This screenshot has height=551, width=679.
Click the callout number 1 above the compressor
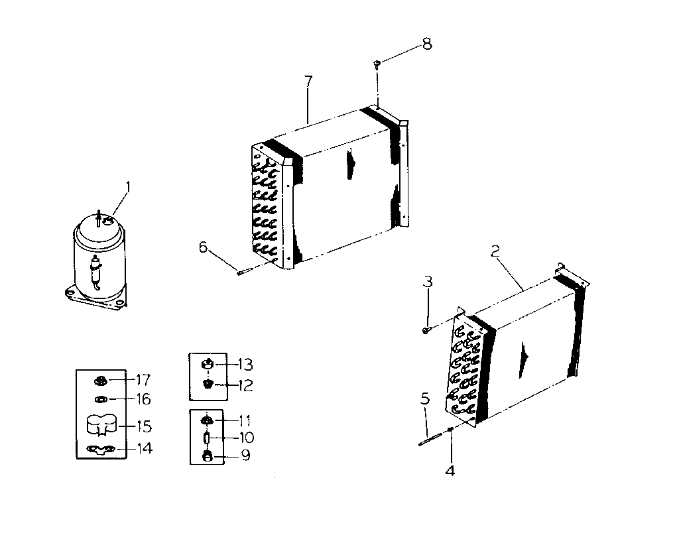pos(129,189)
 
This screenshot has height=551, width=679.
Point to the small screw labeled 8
pos(377,64)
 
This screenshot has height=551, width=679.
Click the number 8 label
pos(426,44)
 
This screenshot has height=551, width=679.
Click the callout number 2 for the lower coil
pos(494,251)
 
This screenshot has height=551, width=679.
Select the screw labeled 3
pos(426,328)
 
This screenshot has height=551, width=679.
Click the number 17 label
pos(143,380)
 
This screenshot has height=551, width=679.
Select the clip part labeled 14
pos(101,450)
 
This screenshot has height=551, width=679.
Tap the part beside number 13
pos(208,364)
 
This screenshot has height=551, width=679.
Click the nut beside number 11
pos(207,420)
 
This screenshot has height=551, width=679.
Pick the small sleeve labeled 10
pos(207,438)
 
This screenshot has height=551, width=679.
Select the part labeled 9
pos(207,456)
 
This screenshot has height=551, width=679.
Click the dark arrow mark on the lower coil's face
pos(525,354)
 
